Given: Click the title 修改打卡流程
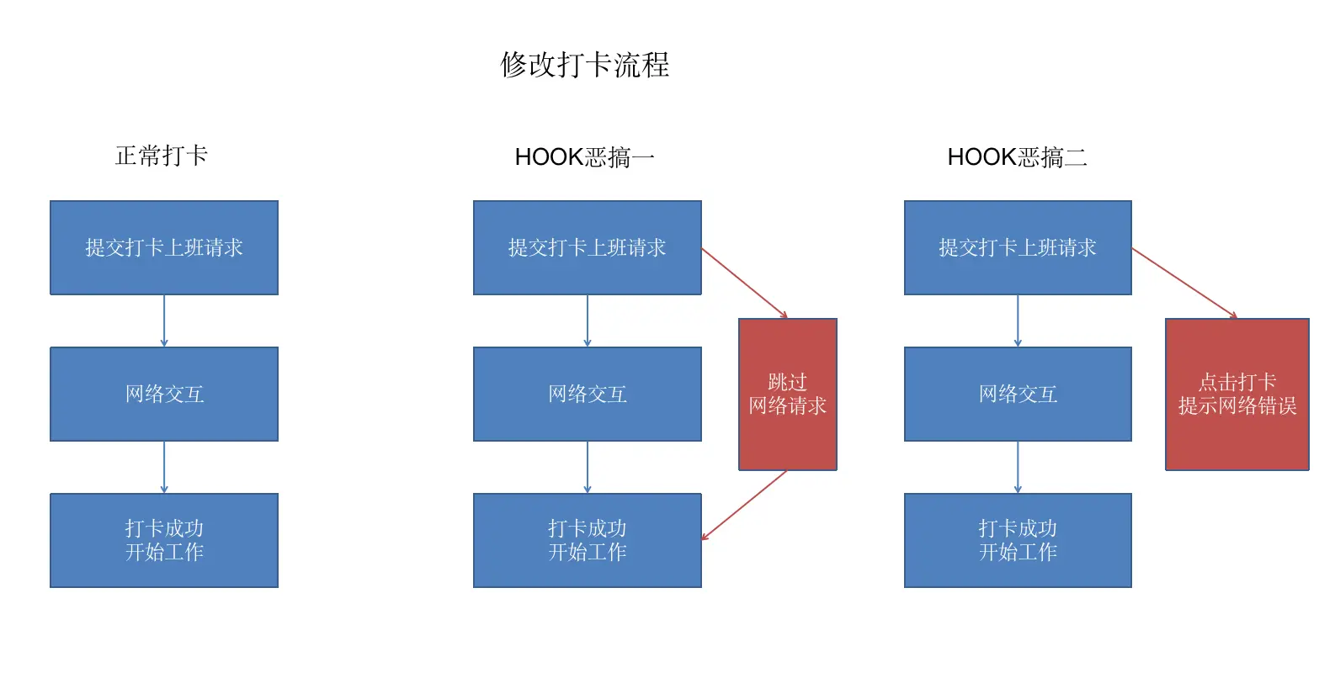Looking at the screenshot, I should pos(585,65).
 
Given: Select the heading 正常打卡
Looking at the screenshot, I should pos(162,156).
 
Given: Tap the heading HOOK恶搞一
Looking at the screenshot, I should pos(584,157).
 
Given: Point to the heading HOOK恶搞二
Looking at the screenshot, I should pos(1017,157).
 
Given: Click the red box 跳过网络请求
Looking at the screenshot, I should pos(788,394).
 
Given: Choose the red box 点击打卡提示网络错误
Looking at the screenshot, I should pos(1237,394).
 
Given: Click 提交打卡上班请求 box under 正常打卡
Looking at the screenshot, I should pos(164,247).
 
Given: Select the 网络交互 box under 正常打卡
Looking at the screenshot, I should pos(164,394).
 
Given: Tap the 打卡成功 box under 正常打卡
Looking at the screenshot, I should pos(164,540).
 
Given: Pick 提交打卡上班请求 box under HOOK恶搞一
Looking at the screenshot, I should pos(588,247).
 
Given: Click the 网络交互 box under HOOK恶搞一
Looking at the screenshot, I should pos(588,394).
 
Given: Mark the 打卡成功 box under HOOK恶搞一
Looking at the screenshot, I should pos(588,540).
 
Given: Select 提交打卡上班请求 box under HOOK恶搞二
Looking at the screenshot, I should pos(1018,247).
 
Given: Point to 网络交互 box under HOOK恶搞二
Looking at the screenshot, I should pos(1018,394).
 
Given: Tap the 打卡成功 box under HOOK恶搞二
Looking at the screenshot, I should pos(1018,540).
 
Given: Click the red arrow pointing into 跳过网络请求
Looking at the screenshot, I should pos(744,283).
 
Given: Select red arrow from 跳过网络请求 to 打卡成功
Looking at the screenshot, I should pos(744,505).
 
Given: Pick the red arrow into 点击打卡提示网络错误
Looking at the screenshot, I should pos(1184,283).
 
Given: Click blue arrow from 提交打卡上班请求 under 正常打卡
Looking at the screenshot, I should pos(164,320).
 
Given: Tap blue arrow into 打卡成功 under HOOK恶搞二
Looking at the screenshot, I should pos(1018,467).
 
